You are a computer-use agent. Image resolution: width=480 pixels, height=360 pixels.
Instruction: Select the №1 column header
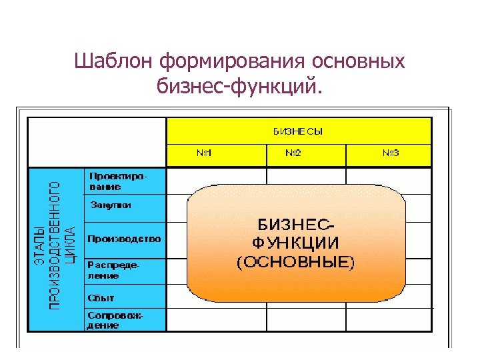(x=204, y=154)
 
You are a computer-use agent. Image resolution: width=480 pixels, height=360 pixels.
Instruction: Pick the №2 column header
(x=293, y=154)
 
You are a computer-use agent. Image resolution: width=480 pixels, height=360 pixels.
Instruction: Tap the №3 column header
(x=391, y=154)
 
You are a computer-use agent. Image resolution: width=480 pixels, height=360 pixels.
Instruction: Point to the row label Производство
(x=123, y=238)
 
